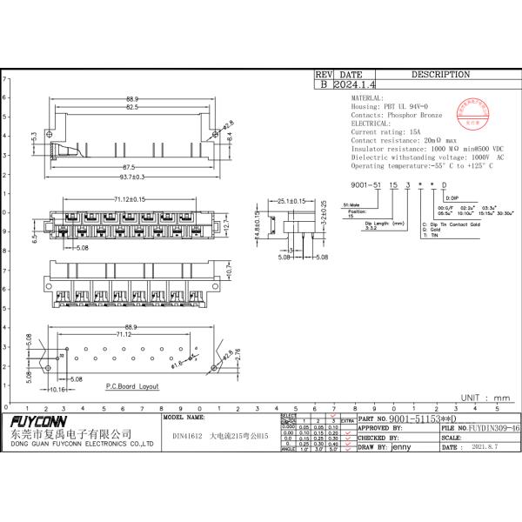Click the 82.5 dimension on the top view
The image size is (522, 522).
tap(131, 107)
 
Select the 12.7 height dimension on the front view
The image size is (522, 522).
tap(227, 225)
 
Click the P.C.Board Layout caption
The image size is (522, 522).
tap(132, 385)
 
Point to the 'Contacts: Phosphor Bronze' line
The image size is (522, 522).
tap(396, 115)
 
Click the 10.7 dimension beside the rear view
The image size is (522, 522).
tap(228, 271)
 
